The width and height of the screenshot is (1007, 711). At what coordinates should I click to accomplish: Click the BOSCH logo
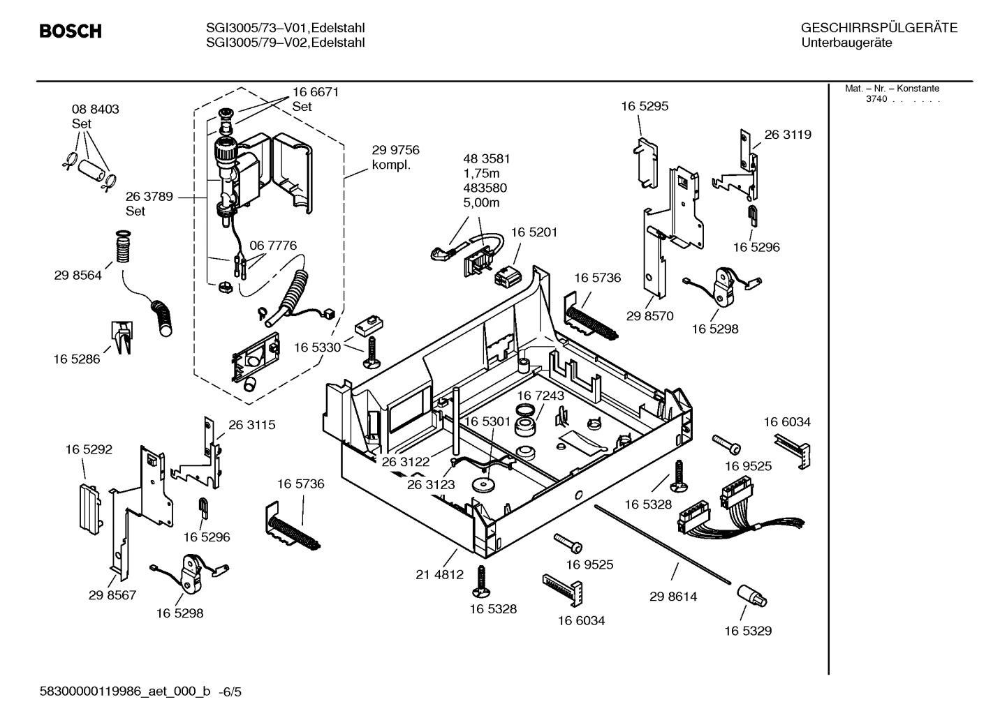pos(71,31)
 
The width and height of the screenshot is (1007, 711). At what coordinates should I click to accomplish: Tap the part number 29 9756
pos(395,151)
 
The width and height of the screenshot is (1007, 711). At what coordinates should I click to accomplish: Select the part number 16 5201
pos(534,232)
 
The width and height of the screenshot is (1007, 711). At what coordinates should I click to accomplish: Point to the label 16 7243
pos(541,396)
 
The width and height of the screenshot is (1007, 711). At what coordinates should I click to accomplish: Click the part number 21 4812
pos(439,575)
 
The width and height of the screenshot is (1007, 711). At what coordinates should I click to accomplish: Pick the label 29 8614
pos(672,597)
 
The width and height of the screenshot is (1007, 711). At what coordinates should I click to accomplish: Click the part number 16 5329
pos(747,631)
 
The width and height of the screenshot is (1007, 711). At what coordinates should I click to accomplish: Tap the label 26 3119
pos(788,135)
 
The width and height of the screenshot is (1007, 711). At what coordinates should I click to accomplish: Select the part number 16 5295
pos(645,107)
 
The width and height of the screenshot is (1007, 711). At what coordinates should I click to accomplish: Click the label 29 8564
pos(78,276)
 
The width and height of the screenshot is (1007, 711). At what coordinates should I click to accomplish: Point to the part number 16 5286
pos(76,359)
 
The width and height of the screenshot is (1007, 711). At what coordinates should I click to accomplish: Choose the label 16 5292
pos(89,450)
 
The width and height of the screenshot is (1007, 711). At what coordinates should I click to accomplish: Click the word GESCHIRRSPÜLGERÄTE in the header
pos(879,28)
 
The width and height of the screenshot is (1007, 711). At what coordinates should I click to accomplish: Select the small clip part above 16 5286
pos(122,337)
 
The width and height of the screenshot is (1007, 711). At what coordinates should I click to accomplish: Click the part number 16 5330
pos(317,347)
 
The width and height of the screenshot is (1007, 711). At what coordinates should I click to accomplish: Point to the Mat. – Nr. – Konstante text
pos(892,89)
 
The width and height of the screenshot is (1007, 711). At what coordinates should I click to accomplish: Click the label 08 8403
pos(95,110)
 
